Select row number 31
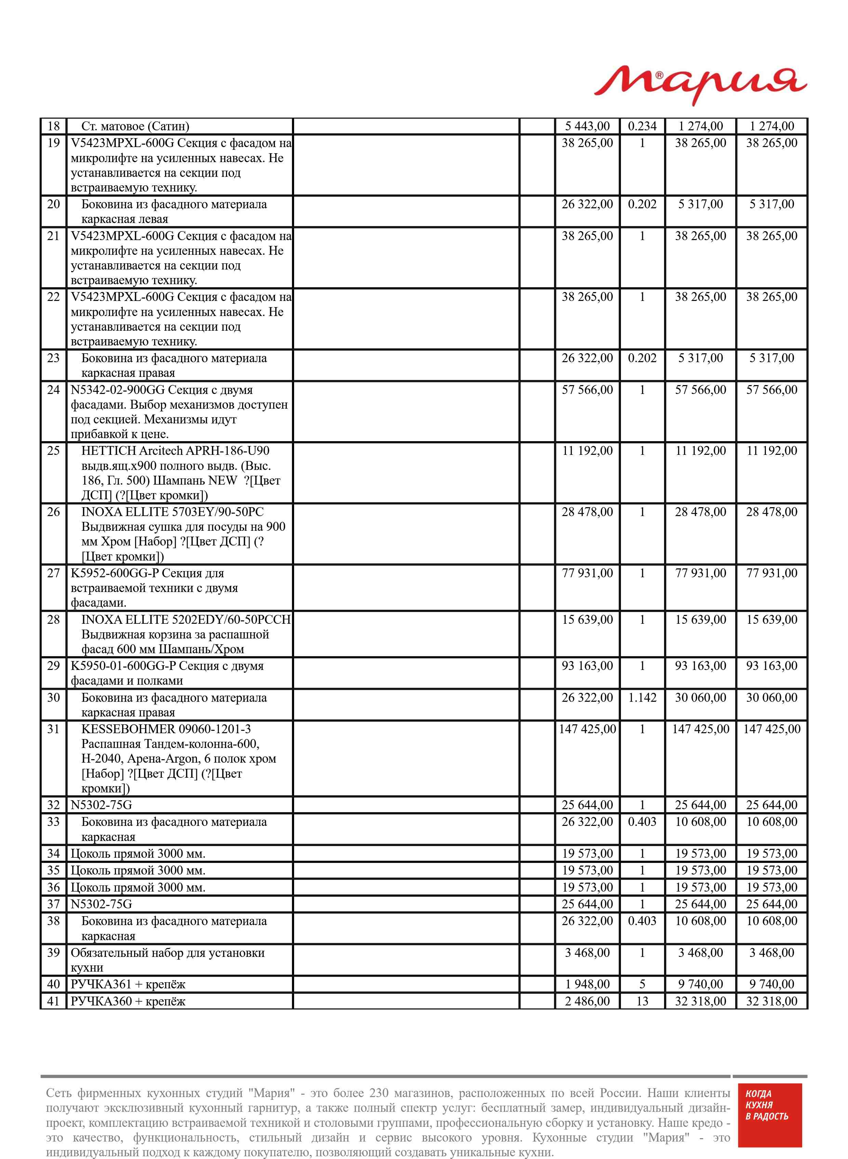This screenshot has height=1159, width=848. coord(53,729)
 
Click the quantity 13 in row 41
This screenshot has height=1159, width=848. coord(642,1001)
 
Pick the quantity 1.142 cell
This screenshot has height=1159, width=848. coord(642,698)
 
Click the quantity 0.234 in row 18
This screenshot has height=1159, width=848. coord(642,126)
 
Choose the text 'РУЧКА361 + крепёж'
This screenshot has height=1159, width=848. coord(128,984)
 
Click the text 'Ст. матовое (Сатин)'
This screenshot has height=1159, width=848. coord(135,126)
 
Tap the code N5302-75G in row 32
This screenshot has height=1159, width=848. coord(101,805)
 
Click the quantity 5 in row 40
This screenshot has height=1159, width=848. coord(642,984)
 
